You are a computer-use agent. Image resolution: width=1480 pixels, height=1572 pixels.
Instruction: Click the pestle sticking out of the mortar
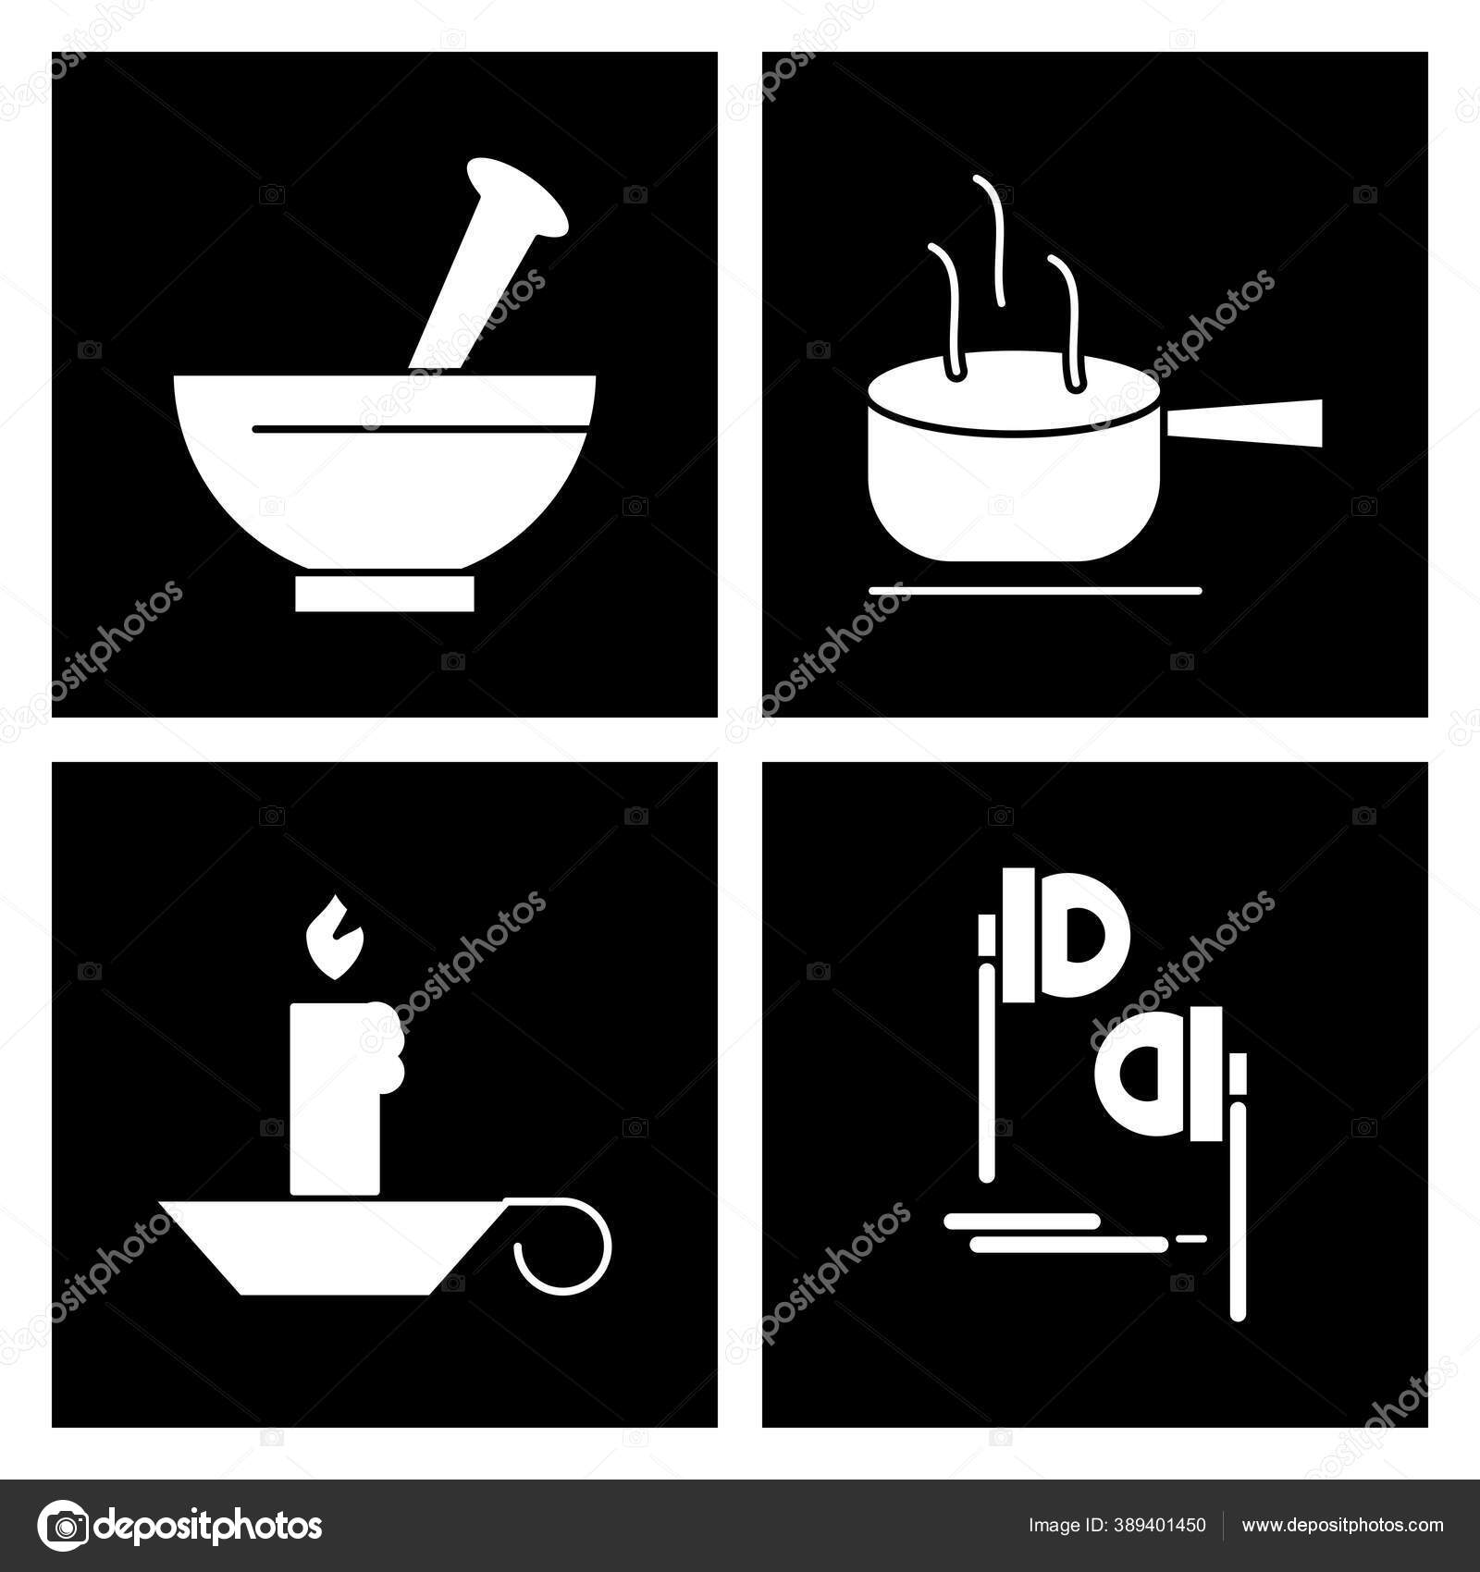[x=487, y=264]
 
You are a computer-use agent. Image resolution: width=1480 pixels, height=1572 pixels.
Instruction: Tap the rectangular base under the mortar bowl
[x=385, y=594]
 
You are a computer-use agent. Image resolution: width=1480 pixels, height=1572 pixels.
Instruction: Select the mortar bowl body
[x=385, y=472]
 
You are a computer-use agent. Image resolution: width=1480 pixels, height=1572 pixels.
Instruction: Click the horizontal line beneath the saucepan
[x=1035, y=590]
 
